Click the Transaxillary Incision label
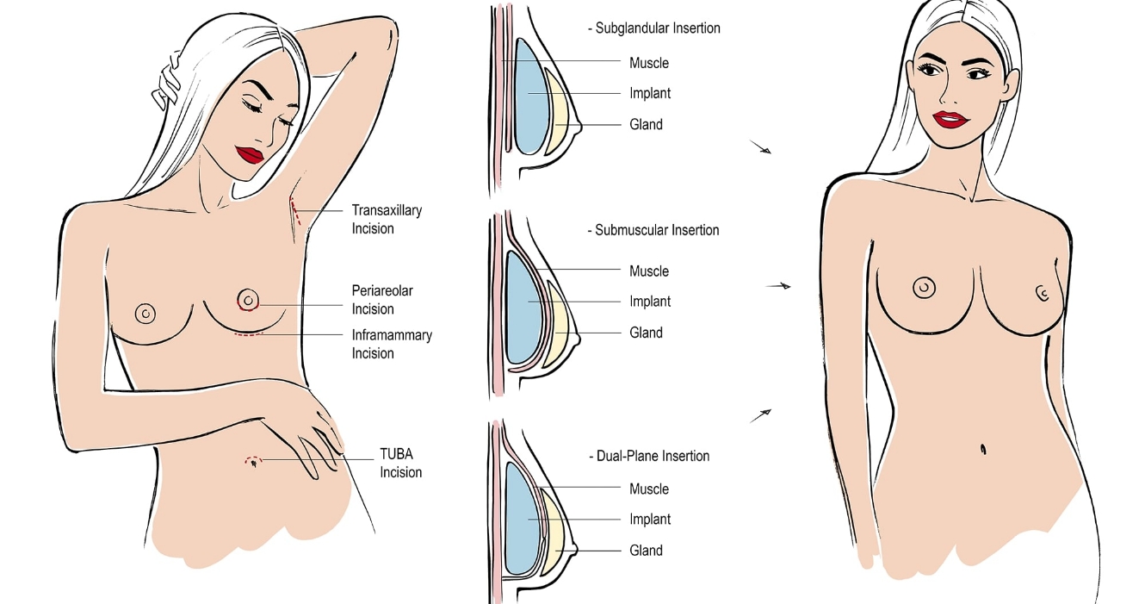387,219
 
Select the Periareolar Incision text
385,299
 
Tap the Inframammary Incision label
392,344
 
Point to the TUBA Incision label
400,463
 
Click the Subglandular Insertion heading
653,28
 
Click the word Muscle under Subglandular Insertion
648,63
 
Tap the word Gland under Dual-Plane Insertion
646,551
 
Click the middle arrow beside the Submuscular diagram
778,285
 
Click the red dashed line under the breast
248,333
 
